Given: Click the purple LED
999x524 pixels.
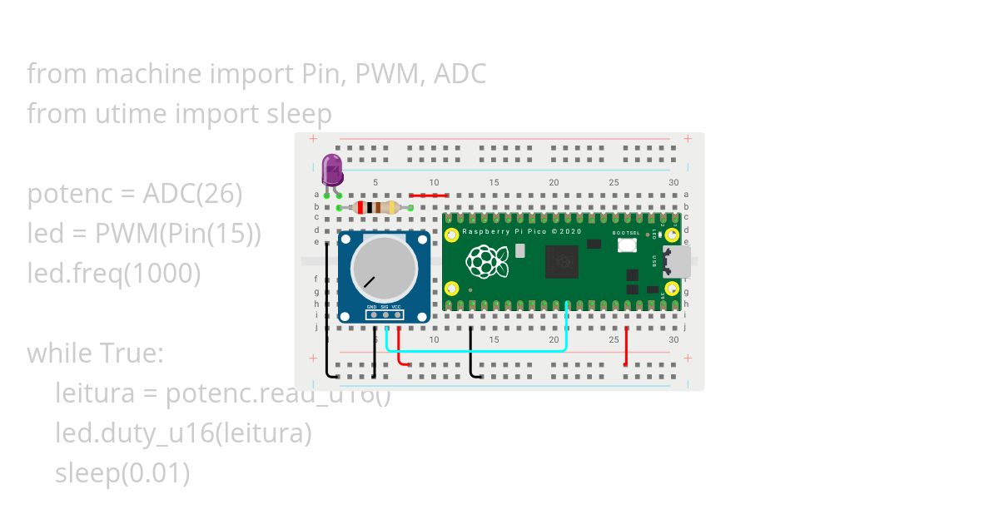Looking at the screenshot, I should pyautogui.click(x=332, y=171).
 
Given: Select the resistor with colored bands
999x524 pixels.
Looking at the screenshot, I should pyautogui.click(x=376, y=207).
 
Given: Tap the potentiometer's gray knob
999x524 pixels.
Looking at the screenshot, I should pyautogui.click(x=384, y=268).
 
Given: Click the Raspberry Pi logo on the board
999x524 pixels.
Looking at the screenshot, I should pyautogui.click(x=487, y=261).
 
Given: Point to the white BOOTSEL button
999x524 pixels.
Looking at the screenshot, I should pyautogui.click(x=626, y=246).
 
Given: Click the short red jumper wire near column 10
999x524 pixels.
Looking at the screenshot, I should pyautogui.click(x=428, y=195).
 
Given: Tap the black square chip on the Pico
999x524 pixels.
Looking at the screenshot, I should pyautogui.click(x=561, y=262).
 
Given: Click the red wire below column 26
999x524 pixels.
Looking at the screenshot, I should pyautogui.click(x=626, y=346).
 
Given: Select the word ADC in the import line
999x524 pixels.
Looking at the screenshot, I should pyautogui.click(x=460, y=74).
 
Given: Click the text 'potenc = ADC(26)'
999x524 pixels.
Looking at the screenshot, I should pyautogui.click(x=135, y=194).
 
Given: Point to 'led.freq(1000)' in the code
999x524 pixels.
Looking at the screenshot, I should pyautogui.click(x=114, y=273).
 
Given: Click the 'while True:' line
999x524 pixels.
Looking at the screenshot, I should pyautogui.click(x=96, y=353).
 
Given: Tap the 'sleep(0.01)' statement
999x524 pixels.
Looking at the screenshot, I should pyautogui.click(x=122, y=473).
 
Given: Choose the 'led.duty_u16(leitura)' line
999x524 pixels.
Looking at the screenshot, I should pyautogui.click(x=183, y=433).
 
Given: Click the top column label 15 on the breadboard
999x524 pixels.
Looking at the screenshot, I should pyautogui.click(x=494, y=183).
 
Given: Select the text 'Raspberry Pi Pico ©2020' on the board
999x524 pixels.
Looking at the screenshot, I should pyautogui.click(x=523, y=231).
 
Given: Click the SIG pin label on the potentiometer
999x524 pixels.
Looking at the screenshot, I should pyautogui.click(x=385, y=307).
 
